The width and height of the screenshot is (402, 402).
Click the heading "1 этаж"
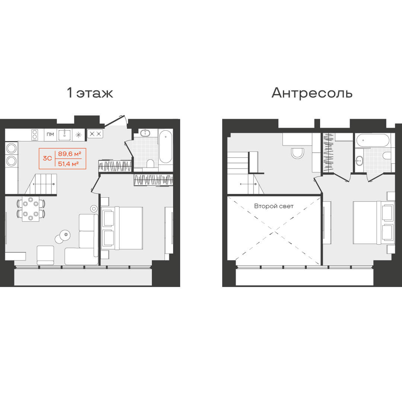pyautogui.click(x=90, y=93)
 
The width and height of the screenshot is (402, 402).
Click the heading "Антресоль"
pyautogui.click(x=312, y=93)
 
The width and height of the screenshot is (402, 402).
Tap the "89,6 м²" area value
pyautogui.click(x=70, y=154)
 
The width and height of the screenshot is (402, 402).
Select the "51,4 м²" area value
pyautogui.click(x=68, y=163)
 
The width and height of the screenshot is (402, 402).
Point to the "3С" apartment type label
pyautogui.click(x=47, y=159)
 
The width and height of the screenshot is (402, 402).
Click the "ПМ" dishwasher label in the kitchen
pyautogui.click(x=50, y=134)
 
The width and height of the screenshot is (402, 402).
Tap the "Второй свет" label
pyautogui.click(x=274, y=206)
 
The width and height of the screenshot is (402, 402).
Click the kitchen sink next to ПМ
pyautogui.click(x=64, y=135)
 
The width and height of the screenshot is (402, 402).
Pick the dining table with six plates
pyautogui.click(x=31, y=209)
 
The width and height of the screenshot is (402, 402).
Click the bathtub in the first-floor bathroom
pyautogui.click(x=165, y=147)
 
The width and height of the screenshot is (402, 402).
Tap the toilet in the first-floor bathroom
pyautogui.click(x=150, y=163)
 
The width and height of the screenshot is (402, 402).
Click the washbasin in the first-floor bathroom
pyautogui.click(x=146, y=133)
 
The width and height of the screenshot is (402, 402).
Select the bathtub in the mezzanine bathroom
pyautogui.click(x=373, y=140)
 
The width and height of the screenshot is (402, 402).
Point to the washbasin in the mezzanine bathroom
pyautogui.click(x=359, y=160)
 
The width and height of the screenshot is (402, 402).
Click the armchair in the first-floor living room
pyautogui.click(x=45, y=255)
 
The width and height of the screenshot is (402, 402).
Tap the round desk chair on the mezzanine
pyautogui.click(x=298, y=153)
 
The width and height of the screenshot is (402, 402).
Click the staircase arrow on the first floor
pyautogui.click(x=43, y=184)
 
